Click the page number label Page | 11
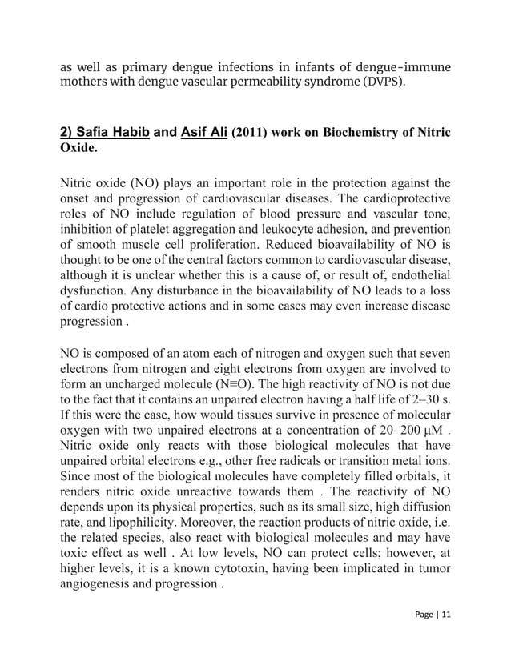(432, 636)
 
